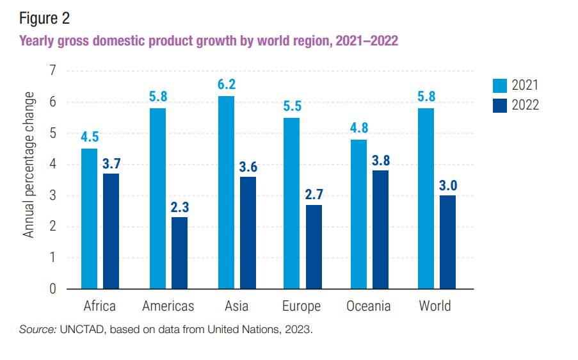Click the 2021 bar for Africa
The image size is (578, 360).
[x=89, y=218]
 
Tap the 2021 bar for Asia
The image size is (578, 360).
[x=226, y=192]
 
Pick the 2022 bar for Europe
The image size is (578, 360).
[x=314, y=247]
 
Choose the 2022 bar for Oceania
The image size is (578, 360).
[x=381, y=229]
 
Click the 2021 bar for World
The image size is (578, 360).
[x=426, y=199]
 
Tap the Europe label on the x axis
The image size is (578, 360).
[x=301, y=306]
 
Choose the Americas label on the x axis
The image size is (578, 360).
[x=168, y=306]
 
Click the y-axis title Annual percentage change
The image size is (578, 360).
[x=29, y=165]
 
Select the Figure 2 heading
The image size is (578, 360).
[x=45, y=18]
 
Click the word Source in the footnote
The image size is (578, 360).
[x=36, y=330]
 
